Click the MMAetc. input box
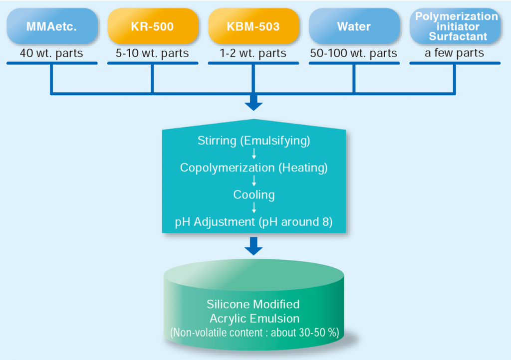pos(51,26)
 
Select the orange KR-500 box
pos(152,26)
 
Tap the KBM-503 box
pos(254,26)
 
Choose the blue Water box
pos(354,26)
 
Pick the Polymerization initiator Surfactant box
pos(455,26)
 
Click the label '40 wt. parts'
pos(51,53)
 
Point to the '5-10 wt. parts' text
pos(152,53)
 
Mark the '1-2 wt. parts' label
pos(254,53)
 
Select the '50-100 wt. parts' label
pos(354,53)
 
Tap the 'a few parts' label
pos(455,53)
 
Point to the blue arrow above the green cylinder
pos(254,246)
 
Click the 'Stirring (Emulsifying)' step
pos(254,141)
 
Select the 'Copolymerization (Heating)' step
pos(254,168)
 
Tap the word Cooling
pos(254,194)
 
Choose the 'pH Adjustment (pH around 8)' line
pos(254,221)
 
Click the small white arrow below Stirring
pos(254,154)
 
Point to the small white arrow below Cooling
pos(254,208)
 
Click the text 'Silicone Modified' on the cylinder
pos(254,304)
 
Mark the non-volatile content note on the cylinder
pos(254,333)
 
